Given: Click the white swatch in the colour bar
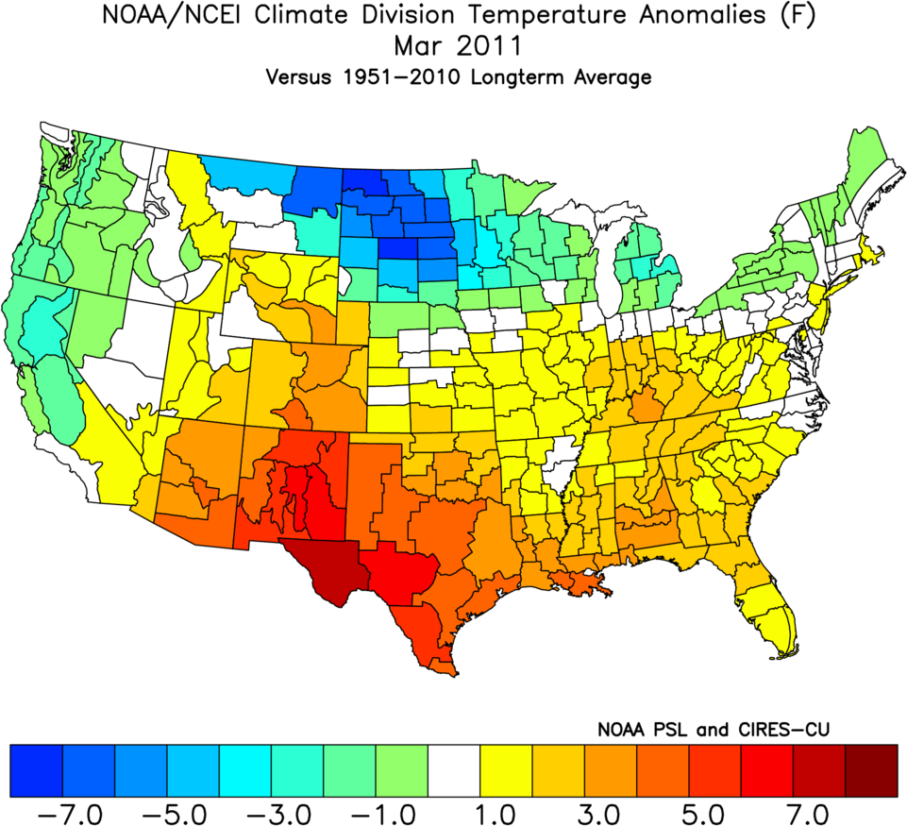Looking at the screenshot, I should click(454, 769).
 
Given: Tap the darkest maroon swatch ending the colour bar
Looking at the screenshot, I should click(872, 769).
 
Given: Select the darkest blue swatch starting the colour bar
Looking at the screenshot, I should click(36, 769).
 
